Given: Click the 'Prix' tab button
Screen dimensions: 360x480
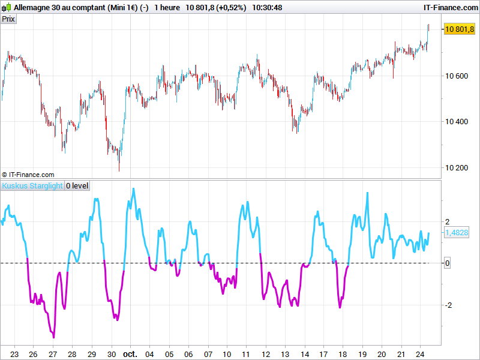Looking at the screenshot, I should pos(8,19).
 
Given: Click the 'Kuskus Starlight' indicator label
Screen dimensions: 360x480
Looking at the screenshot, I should pos(32,186).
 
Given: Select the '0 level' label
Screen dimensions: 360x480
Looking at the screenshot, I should pos(77,186).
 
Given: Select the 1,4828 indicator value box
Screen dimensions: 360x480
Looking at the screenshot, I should pos(457,233).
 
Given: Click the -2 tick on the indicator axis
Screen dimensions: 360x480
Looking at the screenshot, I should pos(447,305).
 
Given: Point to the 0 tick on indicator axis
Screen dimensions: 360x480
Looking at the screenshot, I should pos(448,263).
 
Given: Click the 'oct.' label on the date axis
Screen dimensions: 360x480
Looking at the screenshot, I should pos(130,354).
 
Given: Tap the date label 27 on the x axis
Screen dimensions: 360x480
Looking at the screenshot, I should pos(53,354).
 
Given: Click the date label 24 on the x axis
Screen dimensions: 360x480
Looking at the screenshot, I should pos(421,354).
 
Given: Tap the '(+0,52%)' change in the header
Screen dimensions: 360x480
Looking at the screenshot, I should pos(230,7).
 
